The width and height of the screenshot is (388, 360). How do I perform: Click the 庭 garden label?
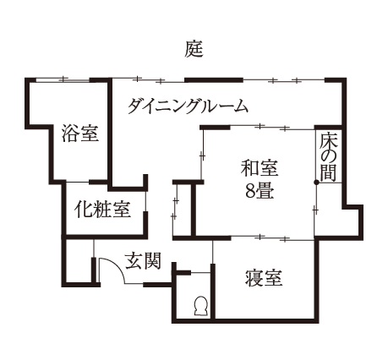[194, 49]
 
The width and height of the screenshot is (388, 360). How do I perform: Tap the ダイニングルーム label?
[188, 106]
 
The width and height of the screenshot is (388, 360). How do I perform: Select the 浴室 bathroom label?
[80, 133]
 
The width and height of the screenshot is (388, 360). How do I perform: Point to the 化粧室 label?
[102, 209]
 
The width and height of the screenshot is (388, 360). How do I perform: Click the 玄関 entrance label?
[143, 260]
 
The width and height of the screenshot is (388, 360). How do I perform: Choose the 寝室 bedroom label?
[264, 278]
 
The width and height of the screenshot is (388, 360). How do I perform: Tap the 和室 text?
[260, 168]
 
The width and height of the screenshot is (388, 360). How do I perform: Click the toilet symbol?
[201, 306]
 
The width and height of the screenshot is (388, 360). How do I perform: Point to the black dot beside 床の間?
[316, 183]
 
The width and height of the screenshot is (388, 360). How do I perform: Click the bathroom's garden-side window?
[63, 80]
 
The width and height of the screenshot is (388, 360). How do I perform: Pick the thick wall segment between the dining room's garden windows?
[214, 79]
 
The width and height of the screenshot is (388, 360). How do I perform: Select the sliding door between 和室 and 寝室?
[272, 238]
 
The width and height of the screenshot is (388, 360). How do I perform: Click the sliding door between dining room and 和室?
[272, 128]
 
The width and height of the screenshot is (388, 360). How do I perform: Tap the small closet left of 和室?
[183, 210]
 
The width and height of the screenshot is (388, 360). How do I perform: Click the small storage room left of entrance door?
[79, 260]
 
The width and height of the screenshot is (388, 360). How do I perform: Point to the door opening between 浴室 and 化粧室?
[78, 183]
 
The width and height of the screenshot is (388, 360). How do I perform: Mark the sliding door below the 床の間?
[315, 210]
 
